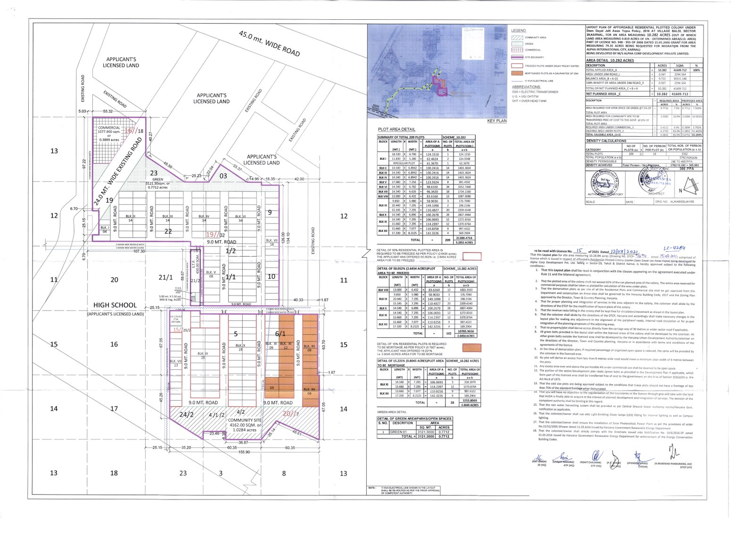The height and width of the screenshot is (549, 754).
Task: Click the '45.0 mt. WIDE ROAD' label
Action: click(x=269, y=43)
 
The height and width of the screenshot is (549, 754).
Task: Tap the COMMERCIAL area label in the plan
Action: click(x=109, y=128)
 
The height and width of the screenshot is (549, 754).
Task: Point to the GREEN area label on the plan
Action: click(x=154, y=180)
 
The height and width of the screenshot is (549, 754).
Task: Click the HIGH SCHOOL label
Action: click(x=115, y=305)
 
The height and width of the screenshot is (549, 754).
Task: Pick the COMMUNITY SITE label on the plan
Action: click(x=245, y=420)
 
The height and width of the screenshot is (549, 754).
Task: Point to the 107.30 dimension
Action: click(x=139, y=251)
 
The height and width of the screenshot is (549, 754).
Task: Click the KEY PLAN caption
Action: click(x=497, y=121)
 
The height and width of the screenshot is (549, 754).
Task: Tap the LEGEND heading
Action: click(x=518, y=31)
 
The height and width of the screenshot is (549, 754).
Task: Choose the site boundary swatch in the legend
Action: click(x=517, y=57)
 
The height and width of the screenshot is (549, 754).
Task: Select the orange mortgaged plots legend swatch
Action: click(x=517, y=74)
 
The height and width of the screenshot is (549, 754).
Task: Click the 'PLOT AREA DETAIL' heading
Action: click(x=396, y=129)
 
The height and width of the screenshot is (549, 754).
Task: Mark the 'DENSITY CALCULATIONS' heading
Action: click(x=606, y=141)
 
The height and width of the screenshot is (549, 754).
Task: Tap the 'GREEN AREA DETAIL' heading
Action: click(x=392, y=412)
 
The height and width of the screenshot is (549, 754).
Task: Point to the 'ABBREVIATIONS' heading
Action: click(x=526, y=87)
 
